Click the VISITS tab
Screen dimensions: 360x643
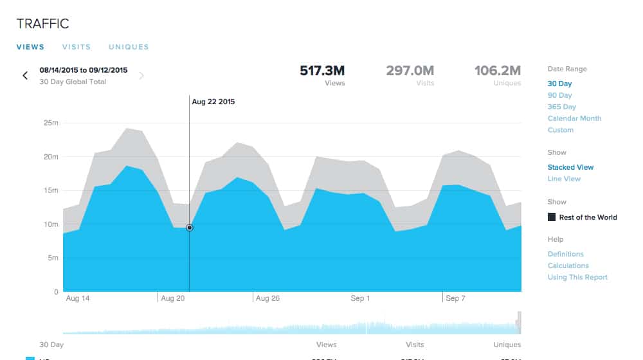(x=76, y=47)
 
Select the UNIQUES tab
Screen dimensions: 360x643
(x=129, y=47)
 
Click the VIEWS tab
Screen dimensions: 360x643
(x=30, y=47)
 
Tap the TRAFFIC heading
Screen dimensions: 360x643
(x=42, y=24)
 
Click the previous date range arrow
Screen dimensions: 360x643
(x=25, y=76)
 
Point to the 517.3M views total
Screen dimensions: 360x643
(x=322, y=70)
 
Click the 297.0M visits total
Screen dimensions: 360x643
(x=410, y=70)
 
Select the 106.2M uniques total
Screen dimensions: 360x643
(x=497, y=70)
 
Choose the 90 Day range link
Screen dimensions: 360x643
(x=559, y=95)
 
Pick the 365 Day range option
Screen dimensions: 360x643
(x=561, y=107)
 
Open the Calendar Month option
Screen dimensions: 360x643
(x=574, y=118)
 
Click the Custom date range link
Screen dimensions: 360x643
(x=560, y=130)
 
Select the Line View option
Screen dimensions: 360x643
(x=564, y=179)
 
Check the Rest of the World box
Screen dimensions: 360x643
(x=552, y=217)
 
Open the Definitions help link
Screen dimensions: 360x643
(x=565, y=254)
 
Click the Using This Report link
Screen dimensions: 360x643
(x=577, y=277)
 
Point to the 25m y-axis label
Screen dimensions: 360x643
(x=51, y=123)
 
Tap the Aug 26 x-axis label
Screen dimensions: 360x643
(x=267, y=298)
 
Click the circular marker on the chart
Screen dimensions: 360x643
(x=189, y=228)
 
